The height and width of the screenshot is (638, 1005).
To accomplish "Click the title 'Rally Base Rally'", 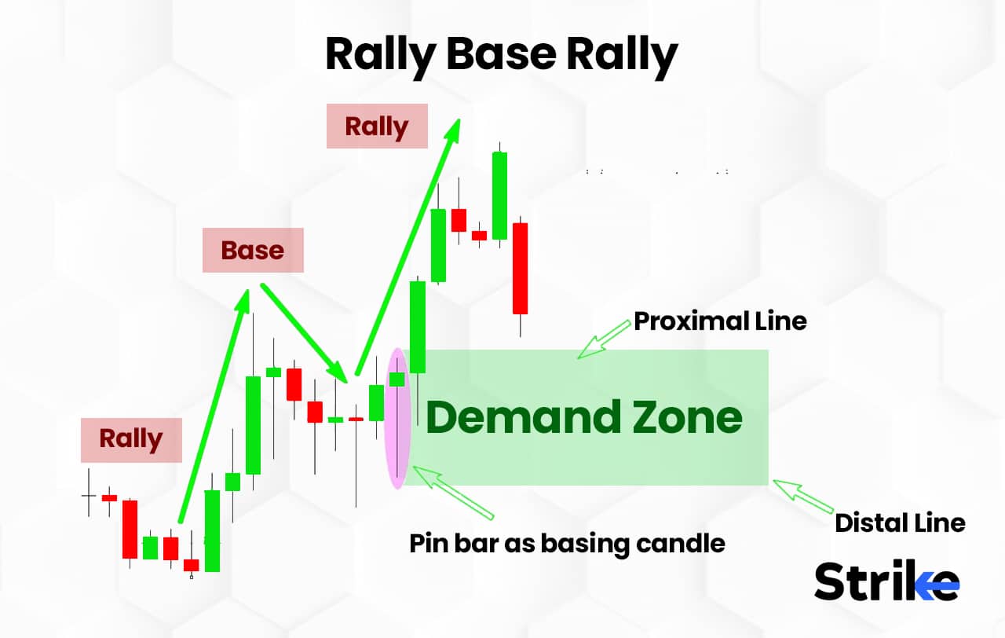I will click(x=501, y=55).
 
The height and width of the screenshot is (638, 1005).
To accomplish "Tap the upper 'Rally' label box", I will click(x=377, y=126).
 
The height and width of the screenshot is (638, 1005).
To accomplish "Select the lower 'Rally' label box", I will click(x=131, y=439).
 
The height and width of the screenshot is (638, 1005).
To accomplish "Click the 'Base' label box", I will click(x=253, y=250).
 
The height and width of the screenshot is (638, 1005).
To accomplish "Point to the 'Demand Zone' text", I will click(x=583, y=417).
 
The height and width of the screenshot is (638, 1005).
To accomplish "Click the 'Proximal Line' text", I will click(x=720, y=321).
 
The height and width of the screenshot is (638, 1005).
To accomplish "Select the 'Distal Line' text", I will click(x=900, y=522).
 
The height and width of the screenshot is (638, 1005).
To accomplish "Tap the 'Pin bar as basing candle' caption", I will click(x=567, y=543).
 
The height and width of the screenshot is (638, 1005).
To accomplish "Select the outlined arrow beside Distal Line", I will click(x=802, y=496).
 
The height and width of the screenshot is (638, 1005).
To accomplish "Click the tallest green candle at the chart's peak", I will click(x=499, y=196).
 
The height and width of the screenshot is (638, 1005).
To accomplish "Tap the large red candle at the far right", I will click(x=520, y=269).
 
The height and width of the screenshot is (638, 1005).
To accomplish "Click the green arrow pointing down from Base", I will click(x=304, y=331).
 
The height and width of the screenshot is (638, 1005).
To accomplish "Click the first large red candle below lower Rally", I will click(x=130, y=529).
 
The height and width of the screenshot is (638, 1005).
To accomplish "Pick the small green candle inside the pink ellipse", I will click(x=397, y=379).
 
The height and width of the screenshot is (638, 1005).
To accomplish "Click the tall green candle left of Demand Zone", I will click(x=418, y=327).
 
